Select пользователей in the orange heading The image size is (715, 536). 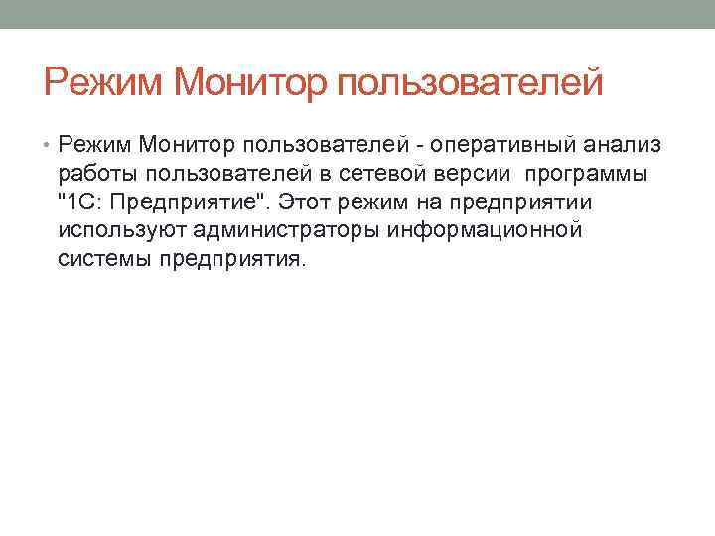click(x=471, y=82)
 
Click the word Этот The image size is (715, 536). click(x=308, y=202)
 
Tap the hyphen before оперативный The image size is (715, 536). click(x=421, y=147)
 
